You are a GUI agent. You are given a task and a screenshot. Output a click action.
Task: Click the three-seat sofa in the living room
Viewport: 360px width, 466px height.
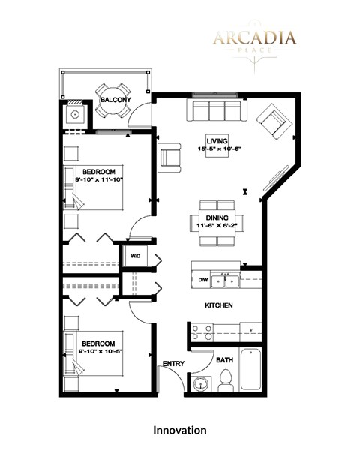(x=217, y=113)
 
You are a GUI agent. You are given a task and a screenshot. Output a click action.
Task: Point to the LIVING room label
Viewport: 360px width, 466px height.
(x=217, y=140)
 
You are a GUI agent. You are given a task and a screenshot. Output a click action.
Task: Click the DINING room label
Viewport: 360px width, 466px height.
(x=217, y=218)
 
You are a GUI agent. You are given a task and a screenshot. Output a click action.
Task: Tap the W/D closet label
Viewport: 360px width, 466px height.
(x=136, y=256)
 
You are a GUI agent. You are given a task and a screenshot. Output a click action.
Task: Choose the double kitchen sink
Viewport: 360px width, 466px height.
(x=226, y=282)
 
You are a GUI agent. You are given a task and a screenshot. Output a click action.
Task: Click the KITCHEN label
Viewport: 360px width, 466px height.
(x=219, y=306)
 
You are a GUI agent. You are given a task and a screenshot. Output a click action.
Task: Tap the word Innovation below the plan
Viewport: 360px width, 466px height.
(x=179, y=431)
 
